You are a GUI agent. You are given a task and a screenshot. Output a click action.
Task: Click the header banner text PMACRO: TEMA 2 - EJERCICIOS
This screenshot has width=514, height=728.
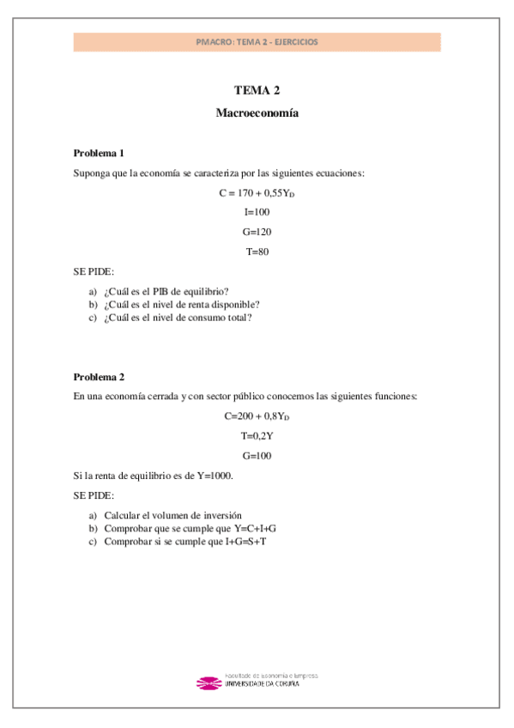coord(257,41)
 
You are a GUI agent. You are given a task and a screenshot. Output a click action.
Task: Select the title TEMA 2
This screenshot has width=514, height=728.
coord(257,90)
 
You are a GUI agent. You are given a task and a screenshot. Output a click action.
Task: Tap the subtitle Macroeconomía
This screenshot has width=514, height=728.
coord(257,112)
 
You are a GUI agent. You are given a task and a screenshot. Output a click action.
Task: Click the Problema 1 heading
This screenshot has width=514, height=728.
coord(99,153)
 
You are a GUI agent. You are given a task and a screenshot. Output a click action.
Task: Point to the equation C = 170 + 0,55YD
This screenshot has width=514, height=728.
coord(257,193)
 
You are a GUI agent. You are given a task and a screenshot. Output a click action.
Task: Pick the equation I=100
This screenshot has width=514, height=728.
coord(257,212)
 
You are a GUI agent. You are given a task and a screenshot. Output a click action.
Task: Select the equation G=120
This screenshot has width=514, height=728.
coord(257,232)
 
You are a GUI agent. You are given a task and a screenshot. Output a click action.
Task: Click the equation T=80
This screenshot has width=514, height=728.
coord(257,252)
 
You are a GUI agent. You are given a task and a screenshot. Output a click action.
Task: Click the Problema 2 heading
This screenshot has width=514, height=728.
coord(99,376)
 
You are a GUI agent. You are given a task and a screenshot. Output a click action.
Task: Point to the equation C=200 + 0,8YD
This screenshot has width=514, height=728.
coord(257,416)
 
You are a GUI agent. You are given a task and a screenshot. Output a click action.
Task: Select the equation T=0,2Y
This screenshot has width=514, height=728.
coord(257,435)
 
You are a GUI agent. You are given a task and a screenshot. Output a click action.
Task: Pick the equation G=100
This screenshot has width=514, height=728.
coord(257,455)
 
